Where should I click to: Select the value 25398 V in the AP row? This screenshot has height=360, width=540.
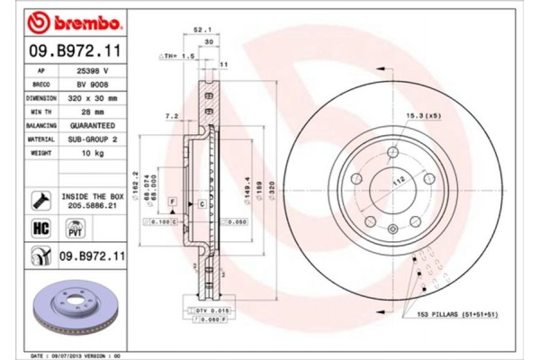click(93, 68)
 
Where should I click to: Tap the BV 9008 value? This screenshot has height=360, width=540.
click(93, 83)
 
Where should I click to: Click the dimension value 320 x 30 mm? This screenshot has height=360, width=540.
click(93, 96)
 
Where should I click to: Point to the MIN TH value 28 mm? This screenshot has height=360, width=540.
click(93, 111)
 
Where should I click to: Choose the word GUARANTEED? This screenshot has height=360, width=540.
click(93, 125)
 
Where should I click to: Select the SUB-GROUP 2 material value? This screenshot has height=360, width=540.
click(93, 139)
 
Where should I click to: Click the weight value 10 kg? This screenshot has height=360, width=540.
click(93, 154)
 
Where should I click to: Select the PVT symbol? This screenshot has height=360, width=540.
click(76, 229)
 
